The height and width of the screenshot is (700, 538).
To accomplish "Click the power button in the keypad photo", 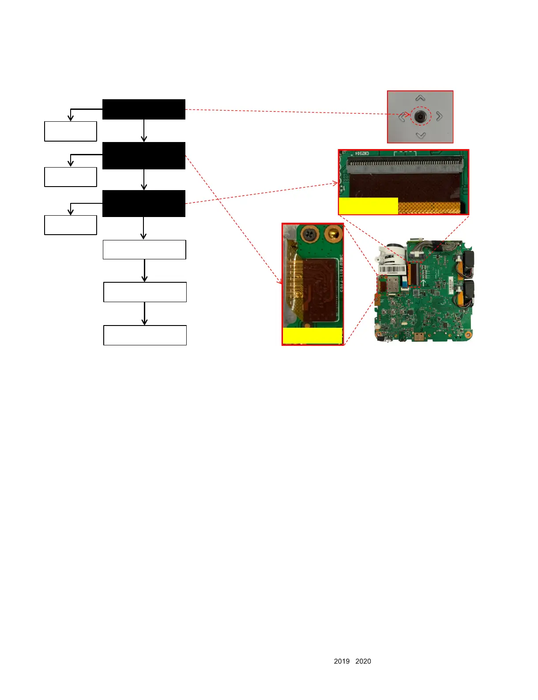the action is coord(420,116).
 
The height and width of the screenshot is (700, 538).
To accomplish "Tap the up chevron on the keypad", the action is coord(420,98).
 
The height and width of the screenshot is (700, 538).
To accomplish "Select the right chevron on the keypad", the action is coord(439,116).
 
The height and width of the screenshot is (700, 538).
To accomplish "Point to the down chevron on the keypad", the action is coord(421,135).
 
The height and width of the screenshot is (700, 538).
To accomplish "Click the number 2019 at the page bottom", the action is coord(342,661).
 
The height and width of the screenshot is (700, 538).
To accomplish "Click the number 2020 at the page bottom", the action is coord(363,661).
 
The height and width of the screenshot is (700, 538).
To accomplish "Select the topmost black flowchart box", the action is coord(144,109).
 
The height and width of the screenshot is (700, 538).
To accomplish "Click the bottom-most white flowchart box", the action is coord(145,335).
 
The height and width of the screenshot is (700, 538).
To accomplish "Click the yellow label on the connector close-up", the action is coord(368,206).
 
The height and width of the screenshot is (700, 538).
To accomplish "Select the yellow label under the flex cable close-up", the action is coord(312,336).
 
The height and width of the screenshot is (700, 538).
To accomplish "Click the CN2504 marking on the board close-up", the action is coord(362,154).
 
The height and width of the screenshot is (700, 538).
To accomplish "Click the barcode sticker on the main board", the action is coord(392,270).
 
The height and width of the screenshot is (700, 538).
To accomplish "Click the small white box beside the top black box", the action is coord(71,131).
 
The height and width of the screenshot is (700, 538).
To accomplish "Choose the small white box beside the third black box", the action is coord(71,225).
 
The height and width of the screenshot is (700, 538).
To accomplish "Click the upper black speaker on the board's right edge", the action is coord(468,262).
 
